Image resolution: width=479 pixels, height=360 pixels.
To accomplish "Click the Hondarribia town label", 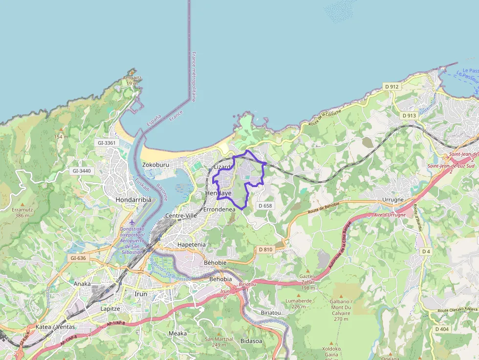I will [x=133, y=200].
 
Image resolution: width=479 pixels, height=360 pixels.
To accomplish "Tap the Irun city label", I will [x=141, y=294].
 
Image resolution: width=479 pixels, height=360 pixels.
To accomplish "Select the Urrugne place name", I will [x=393, y=200].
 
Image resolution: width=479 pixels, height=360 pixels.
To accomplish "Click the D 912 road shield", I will [x=392, y=86].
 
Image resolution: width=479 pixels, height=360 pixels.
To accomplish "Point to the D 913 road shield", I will [x=409, y=115].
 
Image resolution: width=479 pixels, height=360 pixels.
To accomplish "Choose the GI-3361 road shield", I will [x=107, y=143].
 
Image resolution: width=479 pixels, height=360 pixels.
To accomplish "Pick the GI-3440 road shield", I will [x=82, y=171].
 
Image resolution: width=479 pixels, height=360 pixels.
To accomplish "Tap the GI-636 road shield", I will [x=78, y=258].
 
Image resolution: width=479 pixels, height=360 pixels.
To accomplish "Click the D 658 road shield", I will [x=264, y=206].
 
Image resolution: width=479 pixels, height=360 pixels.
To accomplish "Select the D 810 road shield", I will [x=265, y=249].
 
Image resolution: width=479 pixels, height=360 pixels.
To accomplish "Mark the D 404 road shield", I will [x=441, y=329].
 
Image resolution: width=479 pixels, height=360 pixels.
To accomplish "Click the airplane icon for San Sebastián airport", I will [x=131, y=223].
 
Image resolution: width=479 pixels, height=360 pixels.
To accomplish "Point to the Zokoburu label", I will [x=155, y=165].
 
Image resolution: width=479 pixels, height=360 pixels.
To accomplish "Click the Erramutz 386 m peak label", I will [x=22, y=212].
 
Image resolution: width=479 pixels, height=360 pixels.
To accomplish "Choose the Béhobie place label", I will [x=215, y=262].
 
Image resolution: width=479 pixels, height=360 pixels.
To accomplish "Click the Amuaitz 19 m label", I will [x=132, y=80].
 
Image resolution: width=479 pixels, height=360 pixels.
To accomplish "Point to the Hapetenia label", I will [x=192, y=244].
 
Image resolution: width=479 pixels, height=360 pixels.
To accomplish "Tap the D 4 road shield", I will [x=426, y=251].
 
